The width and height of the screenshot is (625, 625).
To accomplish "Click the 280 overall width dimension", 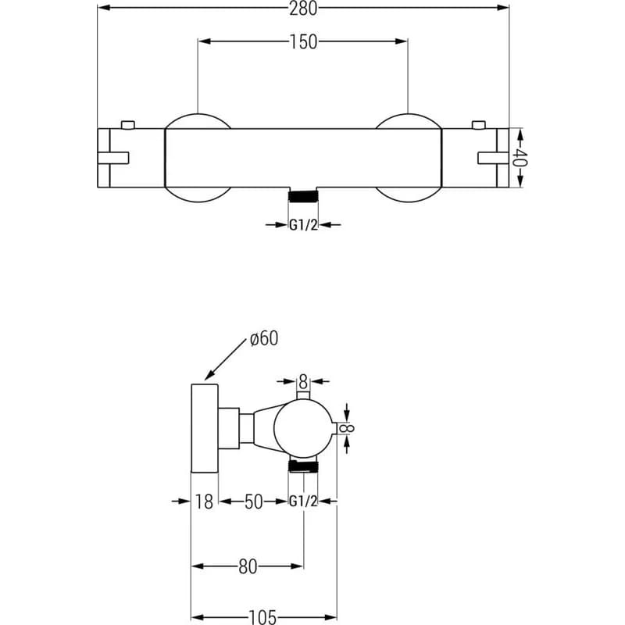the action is [303, 9].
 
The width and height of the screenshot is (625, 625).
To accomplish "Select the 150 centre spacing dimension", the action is [303, 42].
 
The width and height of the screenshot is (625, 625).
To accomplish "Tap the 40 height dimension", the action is [520, 158].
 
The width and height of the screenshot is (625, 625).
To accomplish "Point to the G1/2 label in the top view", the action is [303, 225].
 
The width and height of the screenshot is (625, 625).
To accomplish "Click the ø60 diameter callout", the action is [264, 338].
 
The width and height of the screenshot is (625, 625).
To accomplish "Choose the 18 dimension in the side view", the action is [204, 502].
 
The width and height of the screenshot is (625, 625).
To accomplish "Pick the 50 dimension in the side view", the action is [253, 502].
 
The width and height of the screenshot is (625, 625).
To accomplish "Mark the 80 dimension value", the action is [248, 566].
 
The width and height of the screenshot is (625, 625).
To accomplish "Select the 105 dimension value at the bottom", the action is [262, 617].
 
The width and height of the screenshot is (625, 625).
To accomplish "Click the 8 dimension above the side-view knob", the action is [303, 382].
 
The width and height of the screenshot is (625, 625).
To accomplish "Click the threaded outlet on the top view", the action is [303, 196].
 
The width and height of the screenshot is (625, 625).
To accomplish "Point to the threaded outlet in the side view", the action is [303, 466].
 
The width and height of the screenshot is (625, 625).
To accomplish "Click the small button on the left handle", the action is [128, 125].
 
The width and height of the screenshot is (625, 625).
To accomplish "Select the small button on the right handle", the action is [478, 125].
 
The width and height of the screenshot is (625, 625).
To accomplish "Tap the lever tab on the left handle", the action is [113, 158].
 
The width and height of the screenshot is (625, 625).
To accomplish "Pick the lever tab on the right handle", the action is [493, 158].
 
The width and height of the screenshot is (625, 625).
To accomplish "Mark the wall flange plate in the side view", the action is [205, 428].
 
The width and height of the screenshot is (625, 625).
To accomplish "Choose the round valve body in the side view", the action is [303, 428].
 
